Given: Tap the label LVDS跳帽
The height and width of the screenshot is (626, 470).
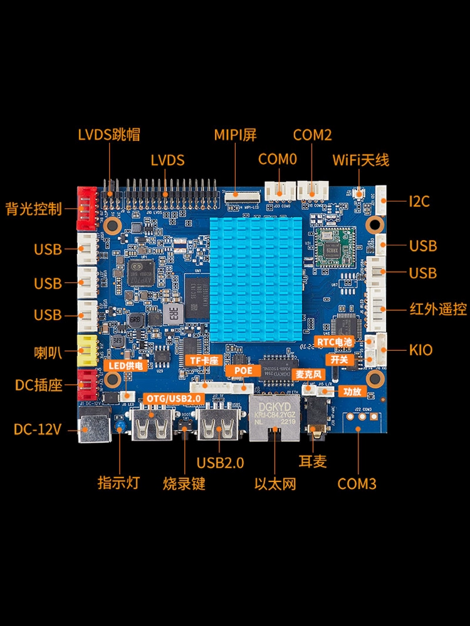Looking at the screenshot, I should click(108, 135).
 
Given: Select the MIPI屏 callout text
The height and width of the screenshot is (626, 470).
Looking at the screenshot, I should click(236, 135).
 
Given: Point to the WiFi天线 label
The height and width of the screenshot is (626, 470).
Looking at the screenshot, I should click(361, 160).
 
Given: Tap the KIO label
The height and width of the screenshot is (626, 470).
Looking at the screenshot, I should click(420, 349).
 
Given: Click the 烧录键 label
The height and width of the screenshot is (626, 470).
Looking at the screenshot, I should click(184, 483).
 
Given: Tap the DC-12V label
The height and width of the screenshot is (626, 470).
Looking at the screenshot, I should click(38, 429).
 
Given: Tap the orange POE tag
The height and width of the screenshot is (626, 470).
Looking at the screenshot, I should click(243, 371).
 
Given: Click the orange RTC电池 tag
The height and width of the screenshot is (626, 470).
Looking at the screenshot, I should click(335, 342).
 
